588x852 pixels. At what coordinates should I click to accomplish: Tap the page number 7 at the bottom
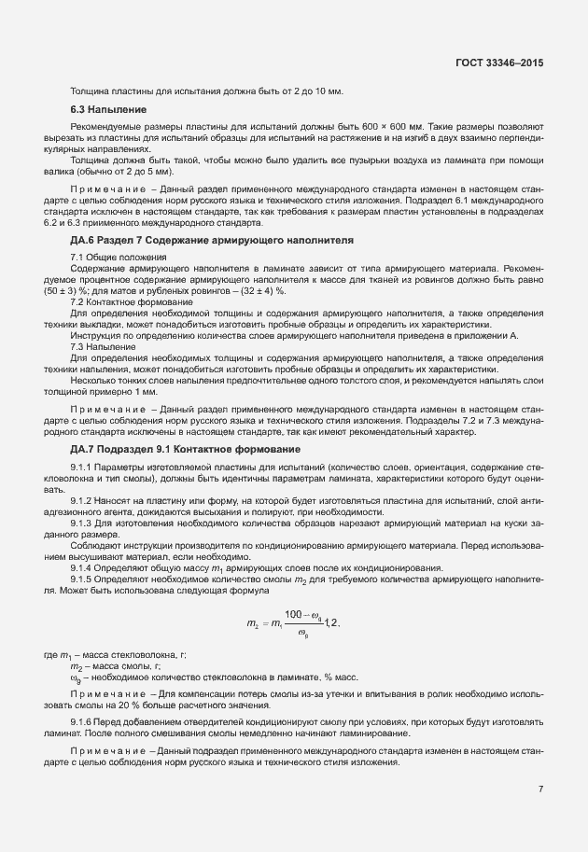tap(540, 789)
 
